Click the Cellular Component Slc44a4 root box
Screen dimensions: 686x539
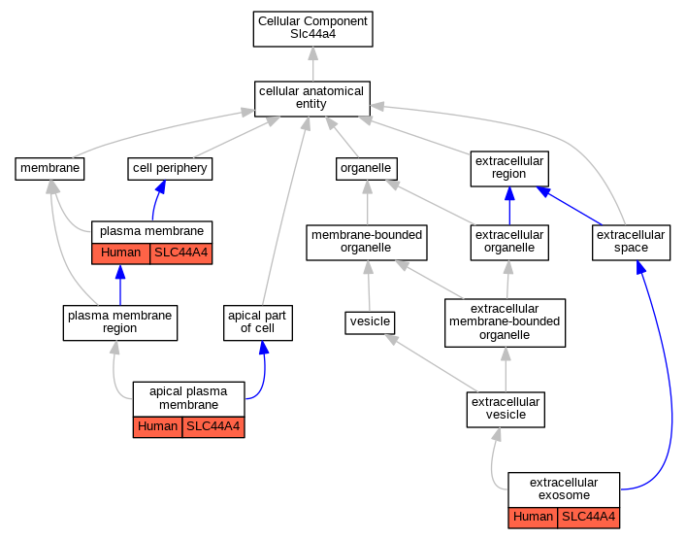tap(312, 29)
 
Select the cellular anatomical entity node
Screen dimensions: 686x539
tap(311, 99)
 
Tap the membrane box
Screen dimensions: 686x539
tap(49, 169)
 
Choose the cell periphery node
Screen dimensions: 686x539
tap(170, 169)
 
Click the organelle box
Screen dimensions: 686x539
tap(367, 169)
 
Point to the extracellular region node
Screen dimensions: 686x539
tap(509, 169)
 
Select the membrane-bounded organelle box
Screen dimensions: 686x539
tap(367, 243)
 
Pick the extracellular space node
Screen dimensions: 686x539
tap(631, 243)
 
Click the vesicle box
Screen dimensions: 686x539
tap(370, 322)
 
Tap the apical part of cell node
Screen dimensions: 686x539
tap(258, 322)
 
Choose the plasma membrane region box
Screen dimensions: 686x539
tap(120, 322)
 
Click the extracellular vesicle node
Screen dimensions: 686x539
tap(506, 410)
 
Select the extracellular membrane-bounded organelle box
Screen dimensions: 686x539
tap(505, 322)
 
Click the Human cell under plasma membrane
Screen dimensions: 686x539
tap(120, 253)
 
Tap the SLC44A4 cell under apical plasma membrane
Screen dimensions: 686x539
tap(213, 427)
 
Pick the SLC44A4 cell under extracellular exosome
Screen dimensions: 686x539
tap(588, 518)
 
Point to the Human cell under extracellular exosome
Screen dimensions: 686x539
tap(533, 518)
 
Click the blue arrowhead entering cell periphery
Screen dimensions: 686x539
tap(160, 187)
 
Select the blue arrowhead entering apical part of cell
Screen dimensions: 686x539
tap(264, 348)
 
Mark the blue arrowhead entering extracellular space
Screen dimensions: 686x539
tap(641, 267)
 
